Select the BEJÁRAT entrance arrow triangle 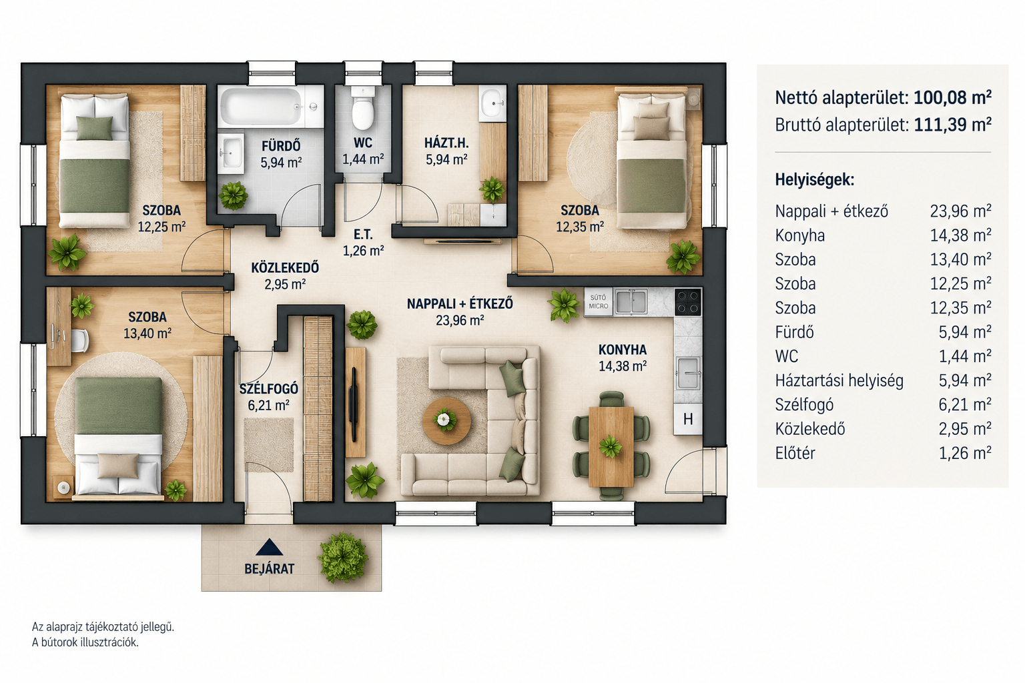click(269, 547)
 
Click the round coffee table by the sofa click(446, 420)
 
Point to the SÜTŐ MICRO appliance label click(598, 302)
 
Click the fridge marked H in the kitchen click(688, 419)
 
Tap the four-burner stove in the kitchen click(688, 302)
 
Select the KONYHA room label click(623, 350)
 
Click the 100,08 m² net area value click(952, 97)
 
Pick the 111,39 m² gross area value click(952, 125)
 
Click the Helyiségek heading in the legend click(815, 180)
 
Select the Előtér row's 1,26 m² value click(964, 453)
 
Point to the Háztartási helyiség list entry click(839, 381)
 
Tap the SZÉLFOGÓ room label click(269, 390)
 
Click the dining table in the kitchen click(611, 446)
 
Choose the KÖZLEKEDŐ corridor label click(285, 267)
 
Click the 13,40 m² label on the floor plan click(147, 333)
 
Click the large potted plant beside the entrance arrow click(343, 558)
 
